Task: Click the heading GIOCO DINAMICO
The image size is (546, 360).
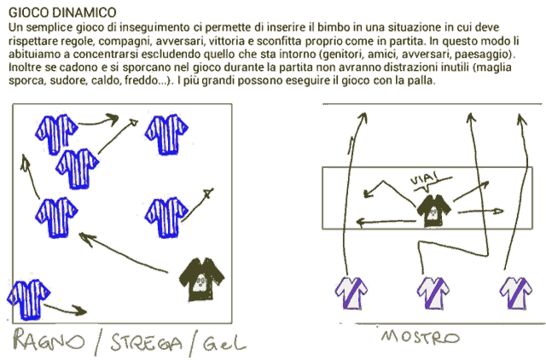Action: pyautogui.click(x=62, y=13)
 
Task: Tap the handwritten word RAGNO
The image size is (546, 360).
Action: pyautogui.click(x=49, y=340)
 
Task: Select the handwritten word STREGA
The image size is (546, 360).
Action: pyautogui.click(x=147, y=343)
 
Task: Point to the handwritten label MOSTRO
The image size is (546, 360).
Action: pyautogui.click(x=421, y=337)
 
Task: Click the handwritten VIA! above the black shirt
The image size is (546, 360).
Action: pyautogui.click(x=425, y=180)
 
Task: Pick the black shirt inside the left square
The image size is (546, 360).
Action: pyautogui.click(x=201, y=279)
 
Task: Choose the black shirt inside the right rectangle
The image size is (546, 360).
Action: pyautogui.click(x=433, y=210)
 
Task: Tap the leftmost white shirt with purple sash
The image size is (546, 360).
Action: pyautogui.click(x=351, y=293)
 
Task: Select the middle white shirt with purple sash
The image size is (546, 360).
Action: pyautogui.click(x=433, y=293)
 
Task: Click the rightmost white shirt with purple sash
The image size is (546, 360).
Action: pyautogui.click(x=515, y=293)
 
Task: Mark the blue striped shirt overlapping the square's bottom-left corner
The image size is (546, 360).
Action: pyautogui.click(x=28, y=299)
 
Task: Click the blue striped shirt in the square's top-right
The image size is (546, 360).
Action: pyautogui.click(x=166, y=135)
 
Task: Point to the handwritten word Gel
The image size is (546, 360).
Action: pyautogui.click(x=224, y=343)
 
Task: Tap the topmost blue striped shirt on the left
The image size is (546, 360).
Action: pyautogui.click(x=56, y=135)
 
